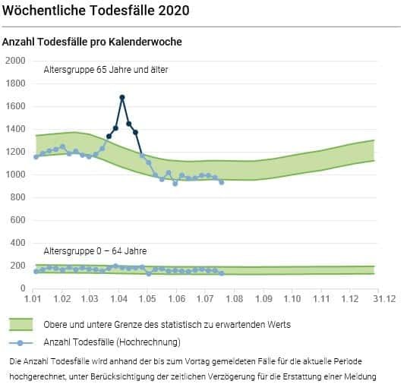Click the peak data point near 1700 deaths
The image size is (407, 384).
pyautogui.click(x=122, y=97)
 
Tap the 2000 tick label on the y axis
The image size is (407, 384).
pyautogui.click(x=15, y=61)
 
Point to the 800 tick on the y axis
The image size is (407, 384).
pyautogui.click(x=17, y=197)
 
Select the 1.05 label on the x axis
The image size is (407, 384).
pyautogui.click(x=147, y=299)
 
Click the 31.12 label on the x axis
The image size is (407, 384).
pyautogui.click(x=384, y=299)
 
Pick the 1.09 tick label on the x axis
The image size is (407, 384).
pyautogui.click(x=263, y=299)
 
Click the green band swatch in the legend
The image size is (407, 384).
pyautogui.click(x=21, y=324)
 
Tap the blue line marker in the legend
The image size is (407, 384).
pyautogui.click(x=21, y=343)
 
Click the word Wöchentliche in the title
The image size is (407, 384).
pyautogui.click(x=44, y=11)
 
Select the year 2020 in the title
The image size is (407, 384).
pyautogui.click(x=173, y=11)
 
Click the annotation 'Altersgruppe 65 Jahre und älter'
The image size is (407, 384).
pyautogui.click(x=106, y=70)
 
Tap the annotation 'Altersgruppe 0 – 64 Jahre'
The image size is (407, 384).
pyautogui.click(x=95, y=251)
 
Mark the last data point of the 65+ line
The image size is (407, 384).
pyautogui.click(x=222, y=182)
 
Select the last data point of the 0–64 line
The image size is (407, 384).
pyautogui.click(x=222, y=273)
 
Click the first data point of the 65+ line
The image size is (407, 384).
pyautogui.click(x=36, y=157)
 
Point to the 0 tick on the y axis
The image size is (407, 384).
pyautogui.click(x=23, y=288)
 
